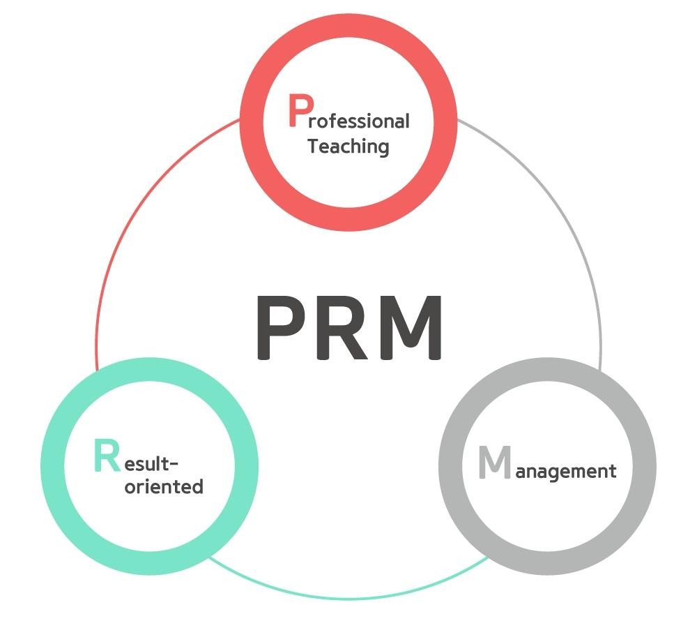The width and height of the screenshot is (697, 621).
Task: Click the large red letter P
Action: [x=301, y=110]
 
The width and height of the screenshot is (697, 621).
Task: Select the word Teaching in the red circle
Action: [x=348, y=147]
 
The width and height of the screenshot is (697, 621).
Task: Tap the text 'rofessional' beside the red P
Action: [x=359, y=121]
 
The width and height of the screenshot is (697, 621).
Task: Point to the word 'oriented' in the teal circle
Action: [x=164, y=486]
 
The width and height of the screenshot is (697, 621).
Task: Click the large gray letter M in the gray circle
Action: [x=495, y=462]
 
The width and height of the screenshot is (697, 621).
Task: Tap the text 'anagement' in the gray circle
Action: [x=566, y=472]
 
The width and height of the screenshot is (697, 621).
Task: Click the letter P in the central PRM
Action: [x=280, y=327]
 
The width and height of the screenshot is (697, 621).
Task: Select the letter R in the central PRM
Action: [x=342, y=327]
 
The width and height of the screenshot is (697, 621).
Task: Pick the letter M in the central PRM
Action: [x=410, y=327]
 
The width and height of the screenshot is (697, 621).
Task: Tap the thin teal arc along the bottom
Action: [x=348, y=598]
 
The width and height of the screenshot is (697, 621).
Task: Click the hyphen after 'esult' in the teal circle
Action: [x=174, y=465]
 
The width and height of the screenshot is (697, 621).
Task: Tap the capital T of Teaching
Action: [x=313, y=146]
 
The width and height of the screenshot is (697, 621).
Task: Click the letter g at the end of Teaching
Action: [x=383, y=149]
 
